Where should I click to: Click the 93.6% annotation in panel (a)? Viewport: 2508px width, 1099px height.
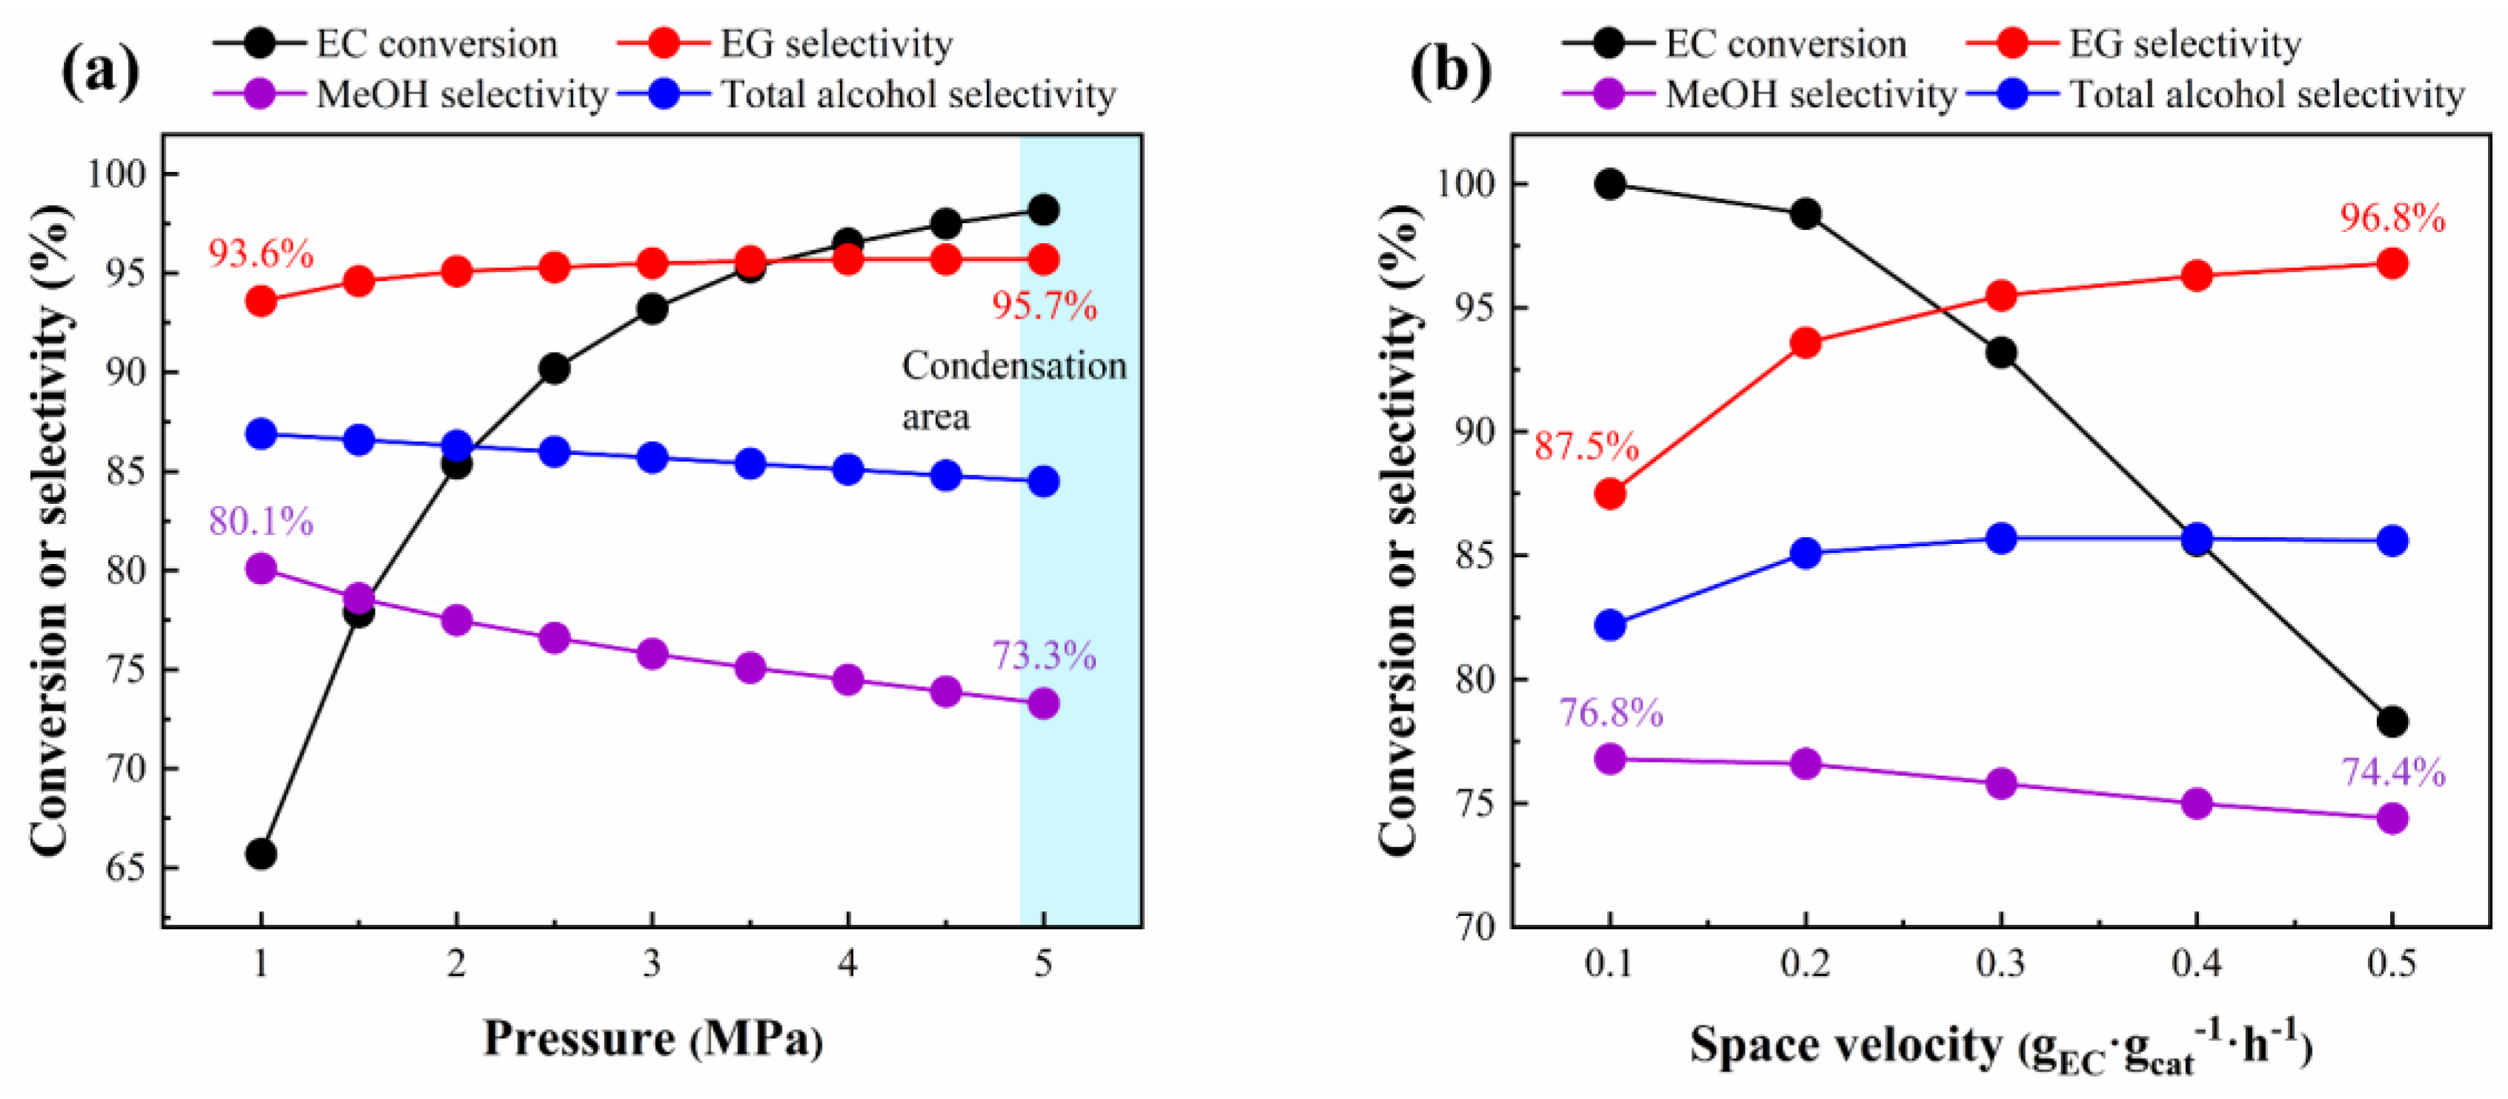(x=260, y=254)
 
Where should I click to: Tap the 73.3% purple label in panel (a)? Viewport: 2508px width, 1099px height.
(x=1044, y=656)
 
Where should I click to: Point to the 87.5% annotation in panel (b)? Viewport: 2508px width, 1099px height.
(x=1586, y=446)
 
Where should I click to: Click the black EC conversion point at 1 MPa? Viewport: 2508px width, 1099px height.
(x=261, y=854)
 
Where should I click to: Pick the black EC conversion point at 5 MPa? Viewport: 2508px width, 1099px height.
(x=1044, y=209)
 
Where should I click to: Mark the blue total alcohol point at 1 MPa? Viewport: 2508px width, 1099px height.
(x=261, y=434)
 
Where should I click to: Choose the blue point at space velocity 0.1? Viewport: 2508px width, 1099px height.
(x=1610, y=624)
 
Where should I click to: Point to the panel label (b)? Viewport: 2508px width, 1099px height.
(x=1450, y=70)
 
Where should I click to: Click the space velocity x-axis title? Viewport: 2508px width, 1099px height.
(x=2000, y=1046)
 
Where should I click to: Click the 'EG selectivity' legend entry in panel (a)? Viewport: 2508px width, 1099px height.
(x=835, y=44)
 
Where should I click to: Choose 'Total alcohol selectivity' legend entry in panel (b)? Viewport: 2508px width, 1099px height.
(x=2266, y=94)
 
